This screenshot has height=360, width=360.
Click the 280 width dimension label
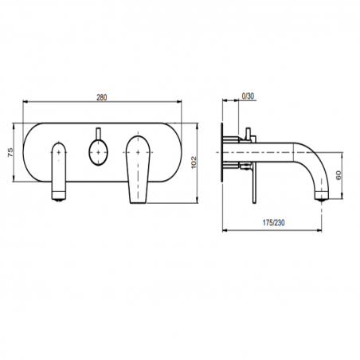[x=101, y=96]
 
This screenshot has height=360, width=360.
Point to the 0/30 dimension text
[x=248, y=96]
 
